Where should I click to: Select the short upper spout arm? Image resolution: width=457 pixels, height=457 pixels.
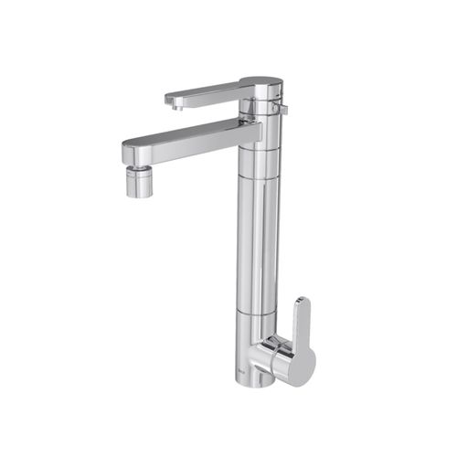coord(206,92)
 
